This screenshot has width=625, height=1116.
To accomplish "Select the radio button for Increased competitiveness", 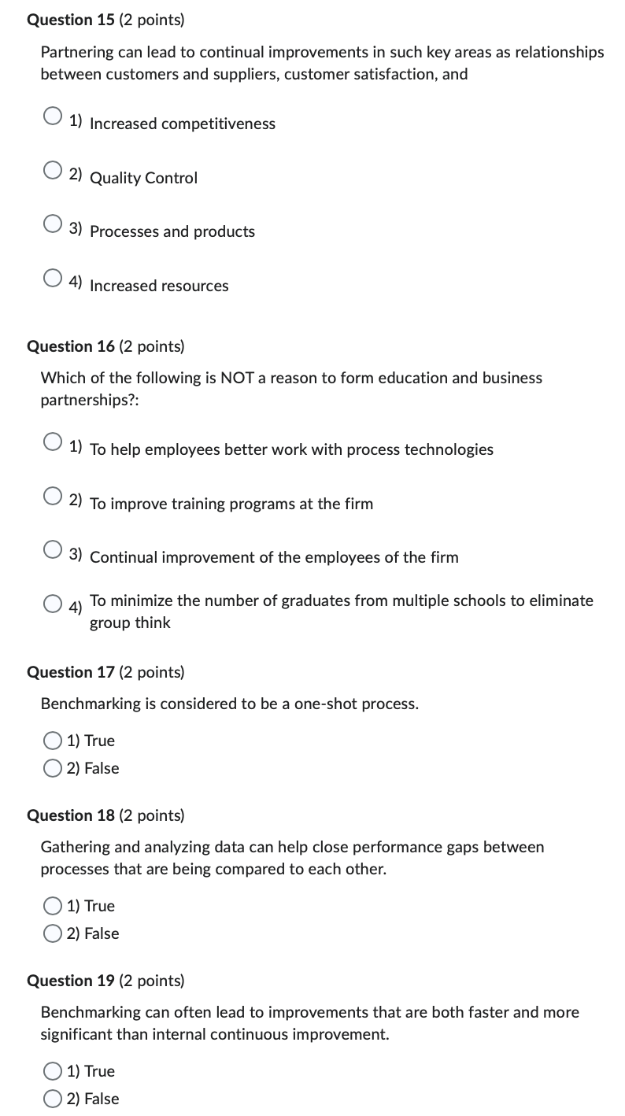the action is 53,116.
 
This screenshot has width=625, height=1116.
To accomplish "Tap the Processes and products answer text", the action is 172,231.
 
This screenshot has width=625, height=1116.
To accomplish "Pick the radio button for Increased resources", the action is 53,278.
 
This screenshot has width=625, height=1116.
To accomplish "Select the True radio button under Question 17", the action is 53,741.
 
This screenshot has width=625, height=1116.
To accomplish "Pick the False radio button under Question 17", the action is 53,768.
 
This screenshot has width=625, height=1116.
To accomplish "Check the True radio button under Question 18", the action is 53,906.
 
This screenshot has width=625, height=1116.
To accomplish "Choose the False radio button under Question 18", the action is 53,933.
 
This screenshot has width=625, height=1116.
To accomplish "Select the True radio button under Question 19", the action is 53,1071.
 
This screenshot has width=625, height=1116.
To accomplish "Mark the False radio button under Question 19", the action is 53,1099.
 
